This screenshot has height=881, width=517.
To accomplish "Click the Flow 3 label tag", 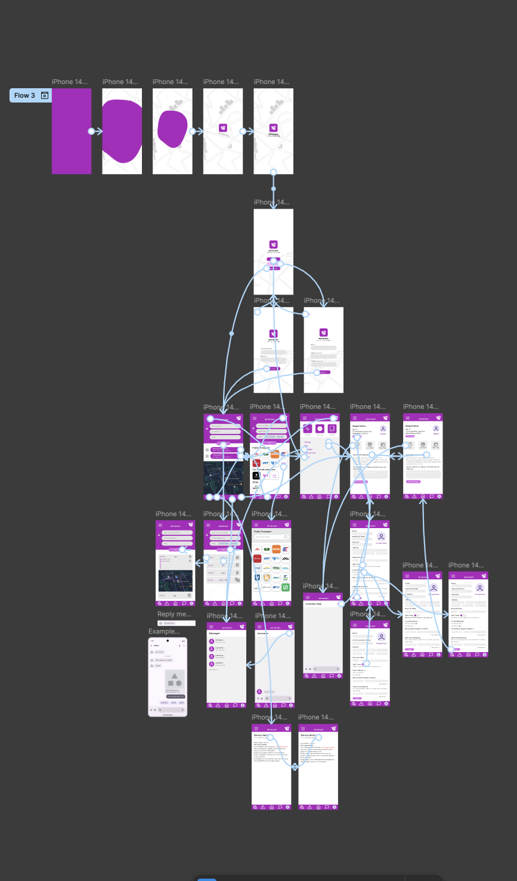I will [25, 95].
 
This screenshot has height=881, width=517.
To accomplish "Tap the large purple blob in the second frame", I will [122, 131].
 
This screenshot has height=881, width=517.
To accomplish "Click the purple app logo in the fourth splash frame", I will [223, 128].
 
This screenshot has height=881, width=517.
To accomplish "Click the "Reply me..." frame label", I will [174, 614].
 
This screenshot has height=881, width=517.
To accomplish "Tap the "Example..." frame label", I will [164, 631].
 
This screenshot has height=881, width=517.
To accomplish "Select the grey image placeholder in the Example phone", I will [175, 678].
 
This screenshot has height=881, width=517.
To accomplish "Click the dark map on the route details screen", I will [175, 581].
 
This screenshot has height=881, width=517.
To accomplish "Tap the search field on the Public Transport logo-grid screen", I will [271, 537].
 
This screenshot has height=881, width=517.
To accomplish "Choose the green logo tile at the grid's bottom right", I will [286, 587].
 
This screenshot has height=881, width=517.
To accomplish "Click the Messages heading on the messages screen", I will [215, 633].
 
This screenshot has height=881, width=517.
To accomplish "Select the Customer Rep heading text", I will [314, 604].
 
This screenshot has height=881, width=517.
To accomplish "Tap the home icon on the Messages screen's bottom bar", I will [227, 705].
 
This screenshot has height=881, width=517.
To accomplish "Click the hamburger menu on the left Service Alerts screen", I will [256, 728].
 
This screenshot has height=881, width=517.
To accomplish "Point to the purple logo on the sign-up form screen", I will [324, 333].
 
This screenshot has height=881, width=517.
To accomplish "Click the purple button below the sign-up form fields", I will [324, 372].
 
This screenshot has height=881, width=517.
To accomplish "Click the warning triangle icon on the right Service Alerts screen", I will [310, 807].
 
